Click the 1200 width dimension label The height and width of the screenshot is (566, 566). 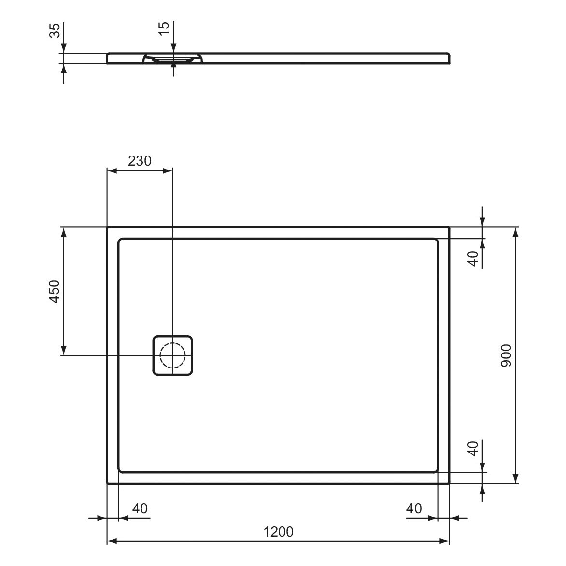(x=278, y=532)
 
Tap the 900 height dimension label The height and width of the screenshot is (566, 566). (x=507, y=355)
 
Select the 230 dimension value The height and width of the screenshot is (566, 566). (x=140, y=161)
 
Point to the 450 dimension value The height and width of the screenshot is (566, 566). (x=54, y=291)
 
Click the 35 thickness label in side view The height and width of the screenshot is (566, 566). (x=55, y=31)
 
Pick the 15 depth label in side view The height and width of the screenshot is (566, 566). (x=164, y=28)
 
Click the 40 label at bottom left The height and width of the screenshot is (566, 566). (x=140, y=509)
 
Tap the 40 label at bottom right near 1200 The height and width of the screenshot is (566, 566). (x=414, y=509)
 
